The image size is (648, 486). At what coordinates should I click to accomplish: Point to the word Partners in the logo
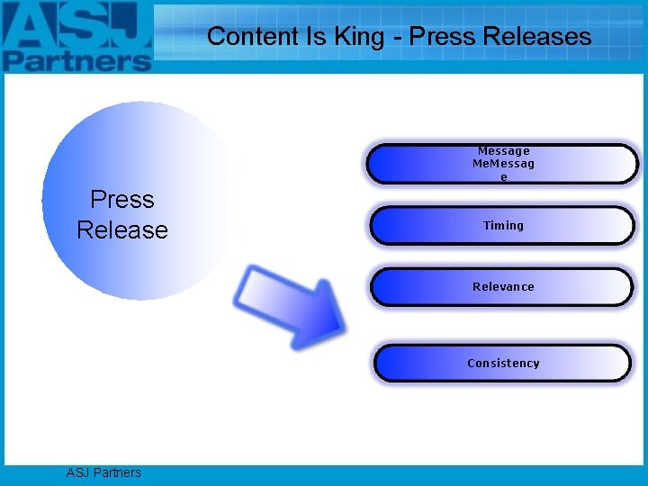76,60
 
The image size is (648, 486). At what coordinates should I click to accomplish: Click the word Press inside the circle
122,200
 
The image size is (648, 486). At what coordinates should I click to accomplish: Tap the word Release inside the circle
122,230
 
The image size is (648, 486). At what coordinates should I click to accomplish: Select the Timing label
503,226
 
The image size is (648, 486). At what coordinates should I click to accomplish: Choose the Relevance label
503,287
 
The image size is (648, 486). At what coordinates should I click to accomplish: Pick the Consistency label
503,364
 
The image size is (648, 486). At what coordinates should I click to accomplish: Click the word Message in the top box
503,151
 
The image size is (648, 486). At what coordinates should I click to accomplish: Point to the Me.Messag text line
503,164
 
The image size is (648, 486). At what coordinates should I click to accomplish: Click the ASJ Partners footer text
103,472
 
